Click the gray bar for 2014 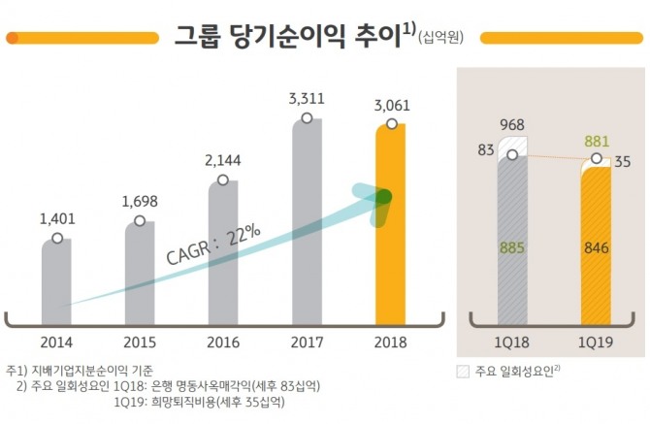pos(56,281)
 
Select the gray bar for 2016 pos(223,252)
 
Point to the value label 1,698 pos(140,202)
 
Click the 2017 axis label pos(307,342)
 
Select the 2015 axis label pos(140,342)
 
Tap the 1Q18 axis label pos(512,342)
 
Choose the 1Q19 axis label pos(596,342)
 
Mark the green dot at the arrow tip pos(383,197)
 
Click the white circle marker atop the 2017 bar pos(307,118)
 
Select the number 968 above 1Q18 pos(512,125)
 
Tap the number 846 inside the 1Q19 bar pos(596,248)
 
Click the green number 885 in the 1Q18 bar pos(512,248)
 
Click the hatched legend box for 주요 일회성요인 pos(462,371)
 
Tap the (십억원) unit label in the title pos(441,39)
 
